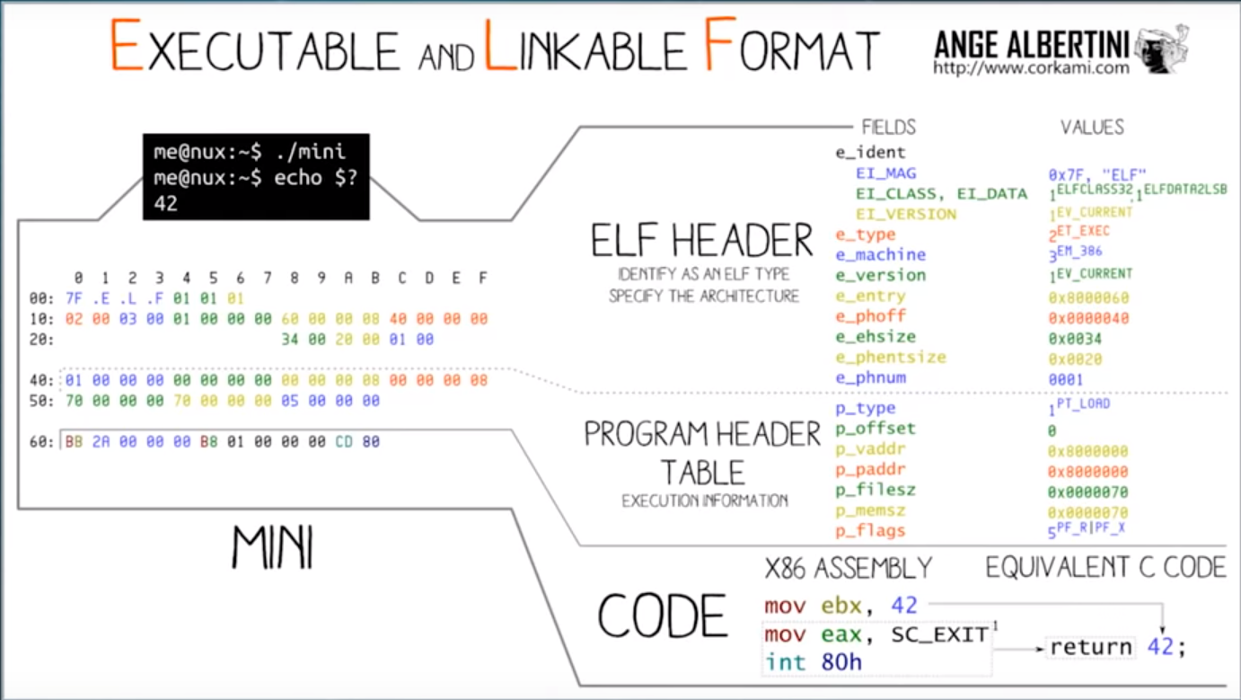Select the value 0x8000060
click(1087, 297)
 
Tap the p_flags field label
click(869, 531)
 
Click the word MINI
click(272, 546)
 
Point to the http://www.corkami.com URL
click(1030, 67)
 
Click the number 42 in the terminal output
click(165, 203)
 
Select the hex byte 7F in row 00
click(74, 298)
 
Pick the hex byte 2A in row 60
click(101, 442)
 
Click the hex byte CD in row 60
click(344, 442)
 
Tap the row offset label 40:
click(42, 380)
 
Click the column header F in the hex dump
click(482, 279)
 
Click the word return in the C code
click(1090, 647)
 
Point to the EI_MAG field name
click(885, 173)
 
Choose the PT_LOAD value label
click(1084, 404)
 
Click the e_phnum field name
click(869, 377)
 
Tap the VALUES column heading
click(1092, 127)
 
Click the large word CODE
click(662, 616)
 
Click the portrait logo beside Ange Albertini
click(1161, 49)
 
